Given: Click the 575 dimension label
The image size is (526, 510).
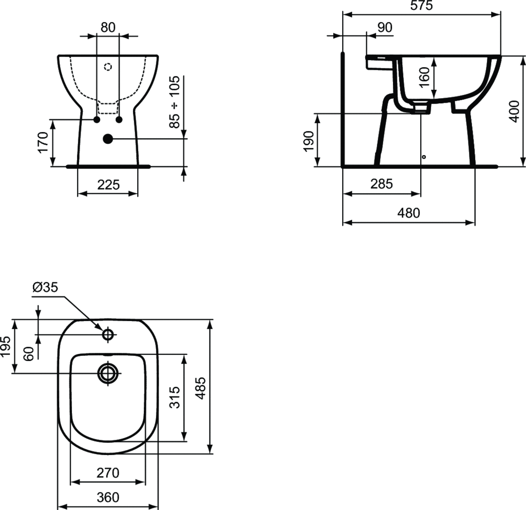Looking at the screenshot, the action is pos(422,6).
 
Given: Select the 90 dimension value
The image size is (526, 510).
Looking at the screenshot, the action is pos(385,28).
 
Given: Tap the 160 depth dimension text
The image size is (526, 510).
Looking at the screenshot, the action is pos(424,77).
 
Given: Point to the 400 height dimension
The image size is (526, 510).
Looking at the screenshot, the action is pos(514,111).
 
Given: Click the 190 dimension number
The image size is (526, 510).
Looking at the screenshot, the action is pos(308,141).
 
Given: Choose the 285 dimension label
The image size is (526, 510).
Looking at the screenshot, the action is pos(382,184).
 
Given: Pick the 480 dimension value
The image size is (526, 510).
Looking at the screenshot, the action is pos(408,213).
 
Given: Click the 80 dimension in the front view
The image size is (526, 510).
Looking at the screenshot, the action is pos(108,28).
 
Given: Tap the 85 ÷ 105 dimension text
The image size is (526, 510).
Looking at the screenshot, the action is pos(175,102).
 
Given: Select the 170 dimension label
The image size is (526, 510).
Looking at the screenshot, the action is pos(43,142).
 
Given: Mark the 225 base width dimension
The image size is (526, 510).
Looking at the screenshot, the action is pos(108,184).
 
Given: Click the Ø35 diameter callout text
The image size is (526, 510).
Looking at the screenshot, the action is pos(45,288).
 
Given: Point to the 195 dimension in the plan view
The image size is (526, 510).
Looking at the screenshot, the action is pos(6,346).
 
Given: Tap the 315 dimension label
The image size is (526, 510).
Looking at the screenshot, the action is pos(175,398).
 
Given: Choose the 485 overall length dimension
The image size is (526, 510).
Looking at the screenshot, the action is pos(200,388).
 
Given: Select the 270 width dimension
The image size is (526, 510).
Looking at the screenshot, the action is pos(108,473).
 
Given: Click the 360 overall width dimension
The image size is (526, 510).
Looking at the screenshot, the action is pos(108,497).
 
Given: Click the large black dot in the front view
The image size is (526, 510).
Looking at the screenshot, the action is pos(108,139).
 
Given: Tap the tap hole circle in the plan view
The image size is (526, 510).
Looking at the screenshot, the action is pos(108,334).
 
